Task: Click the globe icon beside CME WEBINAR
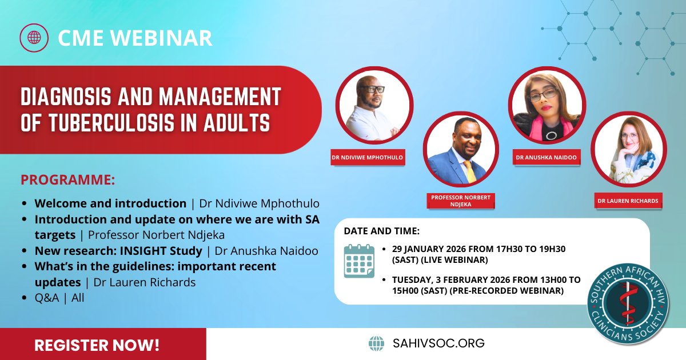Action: pyautogui.click(x=34, y=38)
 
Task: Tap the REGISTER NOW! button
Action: pyautogui.click(x=97, y=345)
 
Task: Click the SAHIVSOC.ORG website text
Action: pyautogui.click(x=438, y=343)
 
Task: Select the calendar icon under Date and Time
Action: pyautogui.click(x=359, y=261)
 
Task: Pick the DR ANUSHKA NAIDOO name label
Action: pyautogui.click(x=547, y=158)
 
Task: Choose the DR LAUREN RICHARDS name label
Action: pyautogui.click(x=628, y=201)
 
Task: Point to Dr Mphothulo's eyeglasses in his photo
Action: pyautogui.click(x=371, y=90)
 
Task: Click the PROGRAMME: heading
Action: pyautogui.click(x=67, y=180)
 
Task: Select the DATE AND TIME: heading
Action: pyautogui.click(x=381, y=231)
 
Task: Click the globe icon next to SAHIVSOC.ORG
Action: pyautogui.click(x=376, y=343)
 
